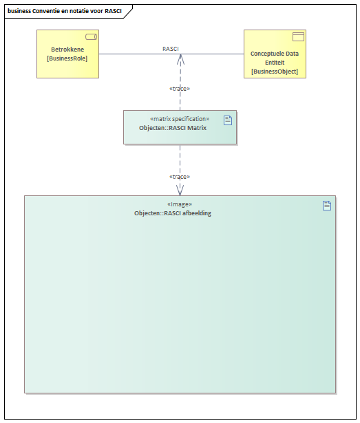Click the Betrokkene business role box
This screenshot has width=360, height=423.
[67, 54]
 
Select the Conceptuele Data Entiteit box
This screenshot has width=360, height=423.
[275, 54]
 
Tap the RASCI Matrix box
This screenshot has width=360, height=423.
[180, 127]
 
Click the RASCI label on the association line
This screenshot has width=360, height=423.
[171, 49]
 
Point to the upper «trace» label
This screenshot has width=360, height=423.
[180, 89]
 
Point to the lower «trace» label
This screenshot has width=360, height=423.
[180, 177]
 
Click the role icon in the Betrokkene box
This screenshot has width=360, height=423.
[92, 36]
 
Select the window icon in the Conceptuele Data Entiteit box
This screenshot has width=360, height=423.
[299, 36]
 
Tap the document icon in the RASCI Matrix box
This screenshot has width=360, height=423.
[228, 120]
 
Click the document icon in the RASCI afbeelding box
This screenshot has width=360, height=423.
[327, 206]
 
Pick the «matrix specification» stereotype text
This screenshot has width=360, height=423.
[180, 119]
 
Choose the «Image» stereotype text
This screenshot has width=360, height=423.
[180, 204]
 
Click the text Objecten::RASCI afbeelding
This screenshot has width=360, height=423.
[173, 213]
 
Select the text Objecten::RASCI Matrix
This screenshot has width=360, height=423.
[173, 128]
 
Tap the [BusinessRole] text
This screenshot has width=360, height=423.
[67, 58]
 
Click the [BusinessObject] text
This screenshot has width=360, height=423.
[275, 72]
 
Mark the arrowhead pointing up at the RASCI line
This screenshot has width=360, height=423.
[180, 59]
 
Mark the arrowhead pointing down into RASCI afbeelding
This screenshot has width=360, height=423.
[180, 191]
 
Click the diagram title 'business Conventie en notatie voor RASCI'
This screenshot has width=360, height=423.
[65, 11]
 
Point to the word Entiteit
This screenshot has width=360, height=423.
[275, 63]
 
